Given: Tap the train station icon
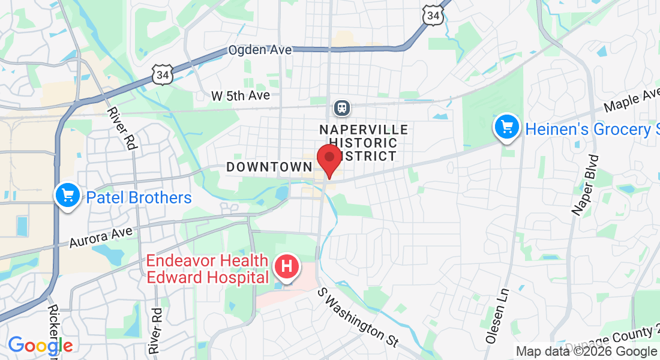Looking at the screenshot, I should pos(342,108).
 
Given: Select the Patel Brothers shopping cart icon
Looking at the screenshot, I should pos(68,196).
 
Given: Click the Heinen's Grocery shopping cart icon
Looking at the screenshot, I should pos(508,128).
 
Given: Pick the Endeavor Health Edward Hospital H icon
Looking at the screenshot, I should pos(287,266).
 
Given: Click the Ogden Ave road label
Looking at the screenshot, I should pos(260,50).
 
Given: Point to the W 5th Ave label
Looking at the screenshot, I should pos(241,95).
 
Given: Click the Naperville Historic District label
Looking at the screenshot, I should pos(364,143).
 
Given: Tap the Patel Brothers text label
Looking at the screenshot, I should pos(139,197).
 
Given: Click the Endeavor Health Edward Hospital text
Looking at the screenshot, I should pos(208,269).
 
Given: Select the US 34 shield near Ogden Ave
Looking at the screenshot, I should pos(162,74).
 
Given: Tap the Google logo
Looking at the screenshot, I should pos(40,345).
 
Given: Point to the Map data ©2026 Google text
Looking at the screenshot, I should pos(586,352).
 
